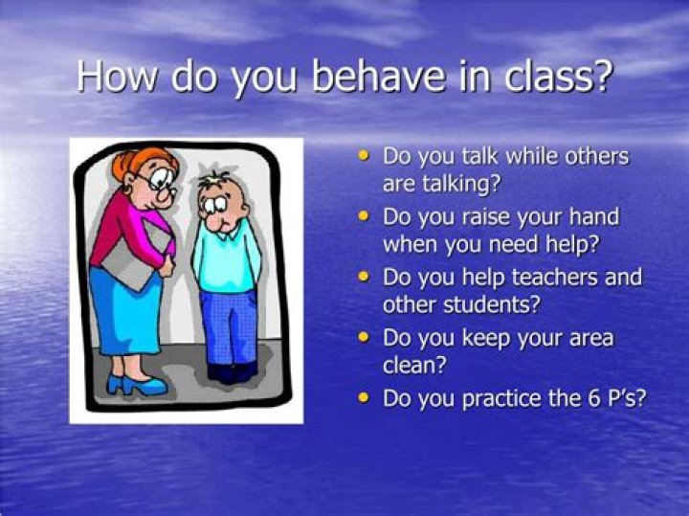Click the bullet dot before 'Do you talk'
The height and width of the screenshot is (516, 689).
pyautogui.click(x=363, y=154)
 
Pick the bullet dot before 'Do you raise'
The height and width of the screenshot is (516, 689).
pyautogui.click(x=363, y=216)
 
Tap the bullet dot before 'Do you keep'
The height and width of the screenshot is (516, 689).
pyautogui.click(x=363, y=337)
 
